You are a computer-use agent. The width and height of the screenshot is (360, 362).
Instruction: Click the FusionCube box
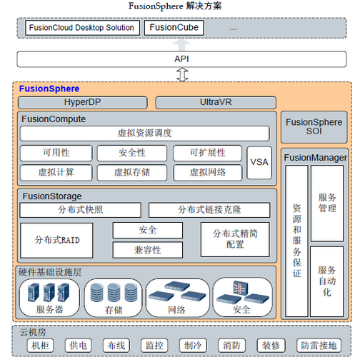[x=174, y=28]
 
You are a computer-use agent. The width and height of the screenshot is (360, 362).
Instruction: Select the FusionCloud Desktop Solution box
[x=82, y=28]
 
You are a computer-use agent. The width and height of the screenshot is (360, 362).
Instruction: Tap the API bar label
[x=181, y=59]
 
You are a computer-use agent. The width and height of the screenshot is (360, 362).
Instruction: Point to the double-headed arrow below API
[x=182, y=74]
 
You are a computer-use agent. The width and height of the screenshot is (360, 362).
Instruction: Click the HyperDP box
[x=82, y=102]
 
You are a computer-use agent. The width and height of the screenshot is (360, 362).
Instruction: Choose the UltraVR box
[x=216, y=102]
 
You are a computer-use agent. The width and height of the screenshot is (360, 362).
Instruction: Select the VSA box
[x=259, y=163]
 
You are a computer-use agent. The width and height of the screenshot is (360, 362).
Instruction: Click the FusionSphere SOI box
[x=314, y=127]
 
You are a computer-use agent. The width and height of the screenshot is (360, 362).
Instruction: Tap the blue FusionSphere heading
[x=49, y=89]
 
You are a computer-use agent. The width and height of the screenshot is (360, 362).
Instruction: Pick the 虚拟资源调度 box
[x=145, y=134]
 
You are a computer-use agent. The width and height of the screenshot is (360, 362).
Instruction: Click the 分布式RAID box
[x=56, y=241]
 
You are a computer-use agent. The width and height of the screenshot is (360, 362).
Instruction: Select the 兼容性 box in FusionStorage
[x=148, y=250]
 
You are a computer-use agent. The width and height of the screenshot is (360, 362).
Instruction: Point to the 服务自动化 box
[x=327, y=281]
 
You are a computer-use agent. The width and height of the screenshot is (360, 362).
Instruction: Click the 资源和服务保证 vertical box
[x=296, y=241]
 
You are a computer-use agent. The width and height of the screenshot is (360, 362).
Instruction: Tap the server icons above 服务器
[x=49, y=293]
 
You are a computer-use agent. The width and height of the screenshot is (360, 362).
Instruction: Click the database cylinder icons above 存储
[x=114, y=293]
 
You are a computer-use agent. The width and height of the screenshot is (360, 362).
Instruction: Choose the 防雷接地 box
[x=319, y=346]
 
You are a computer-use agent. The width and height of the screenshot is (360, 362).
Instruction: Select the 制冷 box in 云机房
[x=193, y=346]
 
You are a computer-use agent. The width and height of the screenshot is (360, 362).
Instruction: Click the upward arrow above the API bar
[x=181, y=45]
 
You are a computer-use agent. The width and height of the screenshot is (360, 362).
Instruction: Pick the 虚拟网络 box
[x=208, y=172]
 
